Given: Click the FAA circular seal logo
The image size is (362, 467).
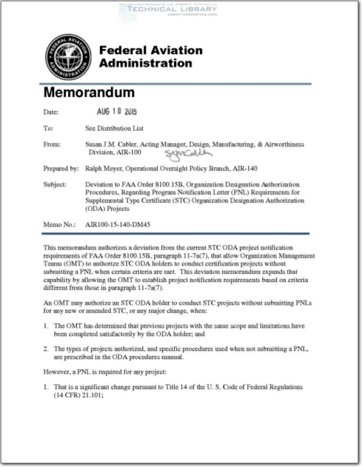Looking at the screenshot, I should click(x=68, y=57).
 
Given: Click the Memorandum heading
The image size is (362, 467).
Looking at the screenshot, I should click(x=89, y=92).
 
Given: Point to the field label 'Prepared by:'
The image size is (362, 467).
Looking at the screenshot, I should click(x=61, y=169).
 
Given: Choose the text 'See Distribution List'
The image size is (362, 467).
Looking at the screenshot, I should click(x=114, y=128).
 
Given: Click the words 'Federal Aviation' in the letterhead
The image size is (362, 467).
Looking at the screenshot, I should click(x=151, y=50).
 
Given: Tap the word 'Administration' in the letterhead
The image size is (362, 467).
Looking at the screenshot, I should click(x=145, y=63).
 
